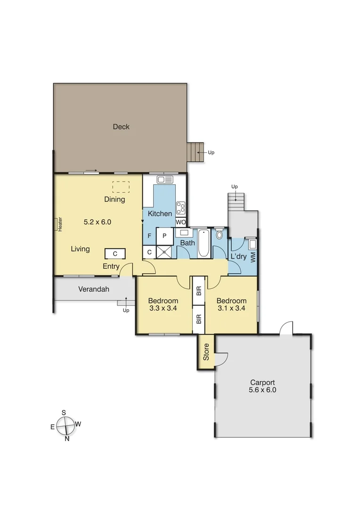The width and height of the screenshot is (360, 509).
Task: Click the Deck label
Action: coord(121,127)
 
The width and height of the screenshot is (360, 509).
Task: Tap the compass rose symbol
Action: coord(65,427)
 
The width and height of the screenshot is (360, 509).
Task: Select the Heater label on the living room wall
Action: coord(60,224)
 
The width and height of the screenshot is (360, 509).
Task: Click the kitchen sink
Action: coord(165,180)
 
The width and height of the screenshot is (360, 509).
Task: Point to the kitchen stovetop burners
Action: coord(181,207)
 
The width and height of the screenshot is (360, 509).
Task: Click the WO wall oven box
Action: coord(181,222)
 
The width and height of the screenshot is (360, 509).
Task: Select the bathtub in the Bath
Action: coord(204,243)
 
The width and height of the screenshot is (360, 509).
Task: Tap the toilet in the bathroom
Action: coord(219,234)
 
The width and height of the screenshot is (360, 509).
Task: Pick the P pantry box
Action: coord(165,236)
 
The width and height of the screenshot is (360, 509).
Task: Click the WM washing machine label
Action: coord(253,257)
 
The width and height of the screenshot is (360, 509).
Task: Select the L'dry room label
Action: coord(239,257)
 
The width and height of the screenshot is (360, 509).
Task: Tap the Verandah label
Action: coord(94,289)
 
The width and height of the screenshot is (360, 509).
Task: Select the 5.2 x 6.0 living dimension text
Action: coord(98,222)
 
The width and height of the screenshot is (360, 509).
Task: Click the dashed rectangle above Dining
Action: coord(121,187)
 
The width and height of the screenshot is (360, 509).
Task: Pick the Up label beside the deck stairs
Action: coord(211,153)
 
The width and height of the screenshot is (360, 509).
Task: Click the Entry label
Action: coord(111,267)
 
